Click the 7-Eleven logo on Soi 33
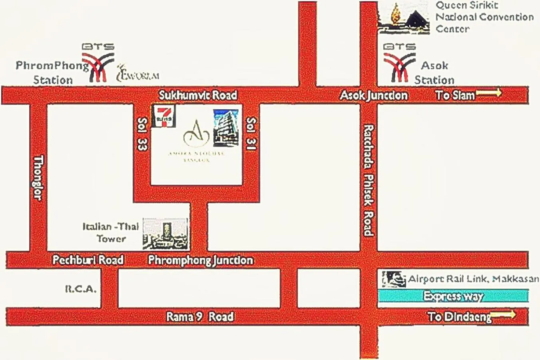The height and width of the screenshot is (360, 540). point(164,116)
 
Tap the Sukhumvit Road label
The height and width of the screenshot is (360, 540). point(198,95)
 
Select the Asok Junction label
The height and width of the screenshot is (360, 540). point(374,95)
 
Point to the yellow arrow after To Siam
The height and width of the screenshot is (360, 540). point(488,93)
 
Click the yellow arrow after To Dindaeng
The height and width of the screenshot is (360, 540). point(503,314)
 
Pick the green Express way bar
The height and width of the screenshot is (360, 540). point(453,296)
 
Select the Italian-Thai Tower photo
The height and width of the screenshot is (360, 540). point(165,234)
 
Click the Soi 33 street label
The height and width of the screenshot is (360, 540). point(142,134)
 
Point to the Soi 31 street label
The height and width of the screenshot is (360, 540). point(251,134)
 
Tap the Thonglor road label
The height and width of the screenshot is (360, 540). point(38,178)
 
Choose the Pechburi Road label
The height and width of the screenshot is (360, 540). point(88,260)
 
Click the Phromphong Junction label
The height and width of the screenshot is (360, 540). point(201,260)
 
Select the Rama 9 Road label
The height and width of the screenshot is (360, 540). point(200,317)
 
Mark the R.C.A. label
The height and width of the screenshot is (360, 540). point(81,288)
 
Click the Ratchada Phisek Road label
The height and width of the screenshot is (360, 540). point(368,180)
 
